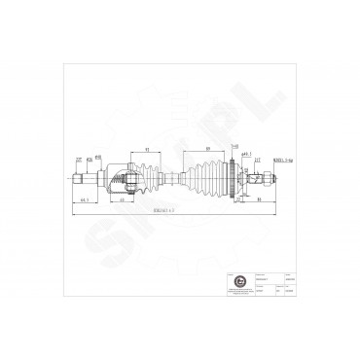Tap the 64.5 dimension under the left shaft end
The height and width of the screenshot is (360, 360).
point(86,199)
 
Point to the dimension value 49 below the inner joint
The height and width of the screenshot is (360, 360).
point(123,198)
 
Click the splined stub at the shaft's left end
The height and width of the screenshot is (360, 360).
point(82,178)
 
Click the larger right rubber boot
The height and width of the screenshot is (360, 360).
point(207,178)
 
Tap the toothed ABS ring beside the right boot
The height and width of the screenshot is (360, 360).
point(231,178)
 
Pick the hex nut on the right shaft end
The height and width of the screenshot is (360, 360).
point(263,178)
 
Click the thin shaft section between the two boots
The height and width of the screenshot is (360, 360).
point(175,178)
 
